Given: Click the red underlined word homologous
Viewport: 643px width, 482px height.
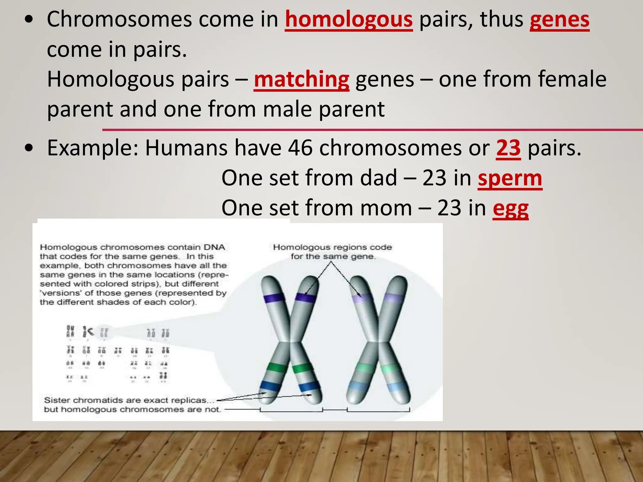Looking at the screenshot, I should coord(349,20).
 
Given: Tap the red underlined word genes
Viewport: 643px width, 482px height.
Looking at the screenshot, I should coord(559,20).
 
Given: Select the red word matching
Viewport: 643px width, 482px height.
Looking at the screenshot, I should coord(301,79).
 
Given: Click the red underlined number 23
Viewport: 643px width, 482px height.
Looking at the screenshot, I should coord(508,148).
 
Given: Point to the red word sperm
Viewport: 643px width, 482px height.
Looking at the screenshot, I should coord(510,178).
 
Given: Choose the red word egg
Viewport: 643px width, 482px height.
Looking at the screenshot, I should coord(511,208).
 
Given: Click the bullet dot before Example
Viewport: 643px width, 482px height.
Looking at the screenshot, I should coord(29,148).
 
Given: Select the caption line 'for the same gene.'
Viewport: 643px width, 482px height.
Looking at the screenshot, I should coord(333,256).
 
